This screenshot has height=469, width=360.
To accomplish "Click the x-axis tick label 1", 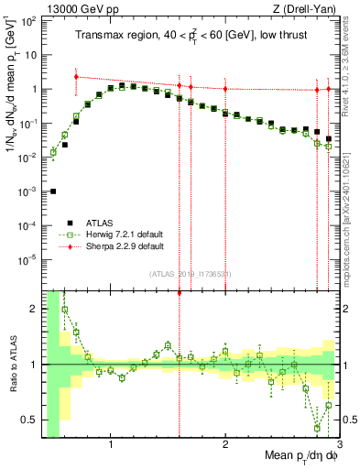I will tap(111, 446).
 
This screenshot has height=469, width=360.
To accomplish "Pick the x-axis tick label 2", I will tap(225, 446).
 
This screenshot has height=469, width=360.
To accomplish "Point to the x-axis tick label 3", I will tap(339, 446).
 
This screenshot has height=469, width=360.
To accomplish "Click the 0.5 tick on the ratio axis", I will tap(29, 420).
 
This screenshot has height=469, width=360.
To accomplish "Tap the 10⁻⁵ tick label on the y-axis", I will tap(27, 259).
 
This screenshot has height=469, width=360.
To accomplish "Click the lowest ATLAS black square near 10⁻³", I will tap(53, 191).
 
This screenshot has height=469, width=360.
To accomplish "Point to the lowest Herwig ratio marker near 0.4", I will tap(317, 428).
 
